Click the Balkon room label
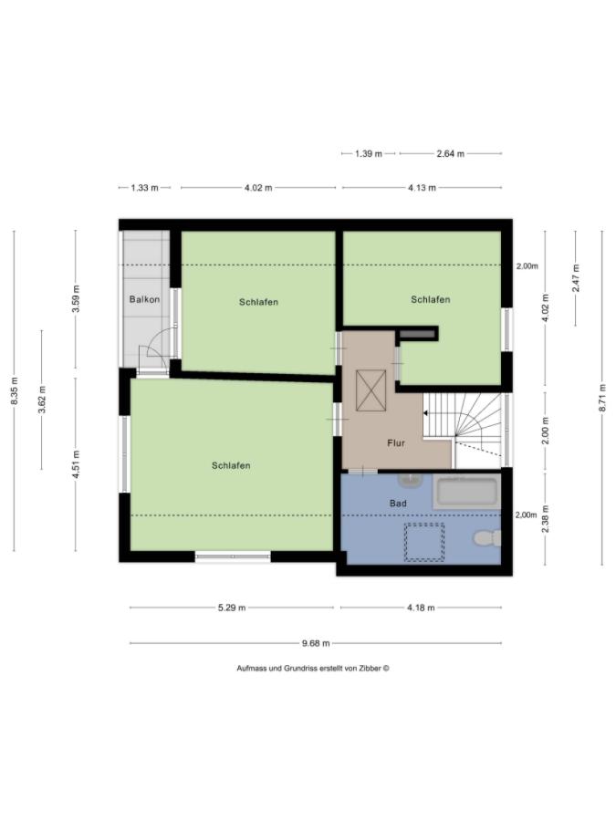(145, 299)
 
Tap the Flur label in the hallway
(396, 443)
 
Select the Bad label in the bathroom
(398, 504)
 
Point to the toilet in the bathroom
(488, 538)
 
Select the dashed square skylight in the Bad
(423, 542)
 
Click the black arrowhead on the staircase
(426, 413)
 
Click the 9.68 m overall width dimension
(316, 643)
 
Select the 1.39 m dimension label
(368, 154)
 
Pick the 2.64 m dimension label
(450, 154)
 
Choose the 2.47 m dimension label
(575, 277)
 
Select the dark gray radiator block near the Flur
(417, 334)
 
